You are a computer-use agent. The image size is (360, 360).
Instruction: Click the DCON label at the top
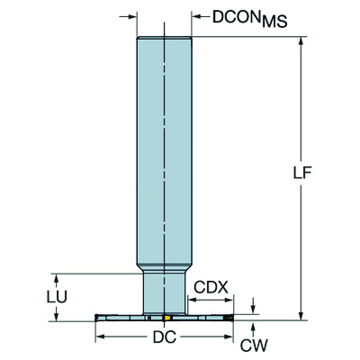pyautogui.click(x=225, y=16)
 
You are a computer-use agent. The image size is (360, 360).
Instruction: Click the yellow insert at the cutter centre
pyautogui.click(x=166, y=319)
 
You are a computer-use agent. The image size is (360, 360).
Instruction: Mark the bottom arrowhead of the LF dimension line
pyautogui.click(x=301, y=315)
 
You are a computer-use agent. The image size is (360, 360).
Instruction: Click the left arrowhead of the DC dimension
pyautogui.click(x=100, y=337)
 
